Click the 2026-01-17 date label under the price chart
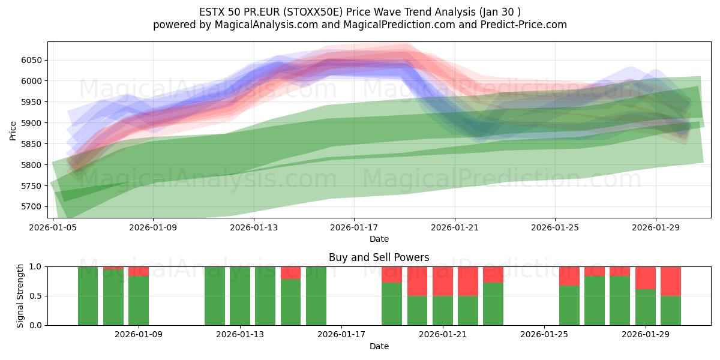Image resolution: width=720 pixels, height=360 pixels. (x=354, y=227)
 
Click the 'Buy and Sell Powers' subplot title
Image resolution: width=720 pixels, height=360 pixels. (x=379, y=257)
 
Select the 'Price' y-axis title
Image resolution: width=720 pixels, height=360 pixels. (x=13, y=130)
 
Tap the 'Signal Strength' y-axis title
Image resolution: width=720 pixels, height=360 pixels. (x=20, y=296)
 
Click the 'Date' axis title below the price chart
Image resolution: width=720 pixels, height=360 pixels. (x=379, y=239)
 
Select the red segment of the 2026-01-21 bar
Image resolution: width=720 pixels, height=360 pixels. (x=443, y=281)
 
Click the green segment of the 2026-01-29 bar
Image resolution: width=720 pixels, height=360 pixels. (x=646, y=307)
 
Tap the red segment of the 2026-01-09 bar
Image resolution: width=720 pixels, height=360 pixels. (x=139, y=271)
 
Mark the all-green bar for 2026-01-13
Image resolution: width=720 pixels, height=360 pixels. (x=240, y=296)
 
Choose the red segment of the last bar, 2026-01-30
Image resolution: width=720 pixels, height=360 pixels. (x=671, y=281)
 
